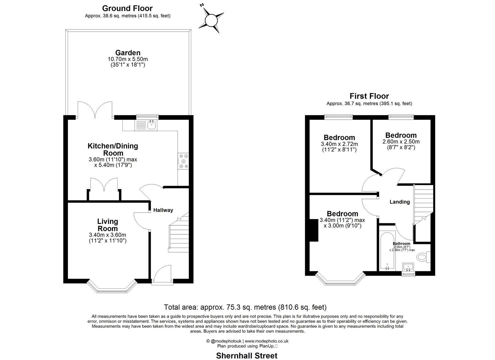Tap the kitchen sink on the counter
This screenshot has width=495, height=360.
[x=152, y=125]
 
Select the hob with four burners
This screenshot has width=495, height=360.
[x=183, y=161]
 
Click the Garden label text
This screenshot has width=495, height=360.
[x=128, y=53]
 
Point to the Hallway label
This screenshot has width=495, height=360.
[x=163, y=210]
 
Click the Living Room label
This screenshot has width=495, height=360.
[x=107, y=225]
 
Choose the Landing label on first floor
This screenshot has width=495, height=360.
[x=400, y=202]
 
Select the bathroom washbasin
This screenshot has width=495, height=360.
[x=408, y=267]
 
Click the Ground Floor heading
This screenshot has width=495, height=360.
[x=127, y=8]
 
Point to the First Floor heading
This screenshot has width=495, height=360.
[x=369, y=96]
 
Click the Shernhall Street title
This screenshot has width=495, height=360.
[x=247, y=356]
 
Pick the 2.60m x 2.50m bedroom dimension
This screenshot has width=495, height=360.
[x=401, y=142]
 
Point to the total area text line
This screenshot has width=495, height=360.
[x=245, y=307]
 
